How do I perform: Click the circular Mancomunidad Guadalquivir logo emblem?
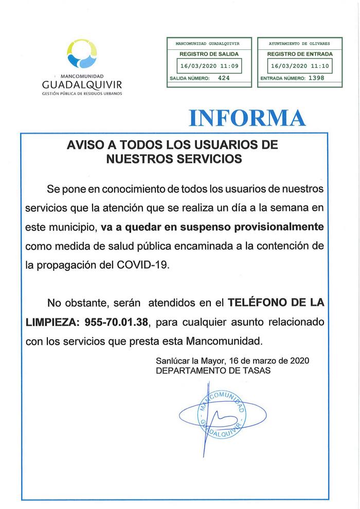click(82, 53)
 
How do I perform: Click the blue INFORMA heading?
click(247, 118)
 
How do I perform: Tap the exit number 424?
click(224, 79)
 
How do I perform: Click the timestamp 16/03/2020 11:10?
click(300, 66)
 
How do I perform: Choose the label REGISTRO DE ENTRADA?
click(300, 54)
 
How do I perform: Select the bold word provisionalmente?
click(278, 227)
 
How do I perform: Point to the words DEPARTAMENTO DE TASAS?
click(213, 370)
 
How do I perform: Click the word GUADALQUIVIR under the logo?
click(82, 84)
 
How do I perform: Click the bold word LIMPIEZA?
click(50, 321)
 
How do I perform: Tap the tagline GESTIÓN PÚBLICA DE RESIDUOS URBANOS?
click(82, 95)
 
